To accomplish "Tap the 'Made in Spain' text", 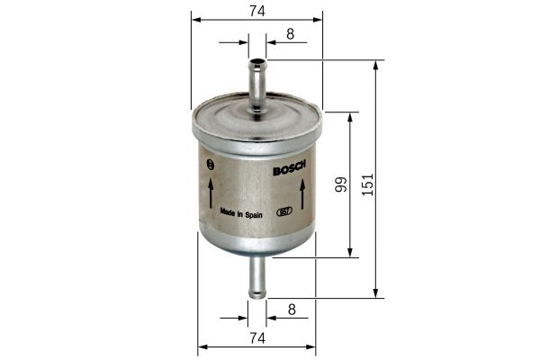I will (241, 212).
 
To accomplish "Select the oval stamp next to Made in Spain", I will (283, 212).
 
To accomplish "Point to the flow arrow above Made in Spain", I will (211, 191).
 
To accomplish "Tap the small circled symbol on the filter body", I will (211, 164).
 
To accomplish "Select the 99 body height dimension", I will (340, 185).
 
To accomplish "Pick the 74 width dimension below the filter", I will (256, 337).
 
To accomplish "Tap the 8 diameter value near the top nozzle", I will (289, 33).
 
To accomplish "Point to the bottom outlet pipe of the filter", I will (256, 276).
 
